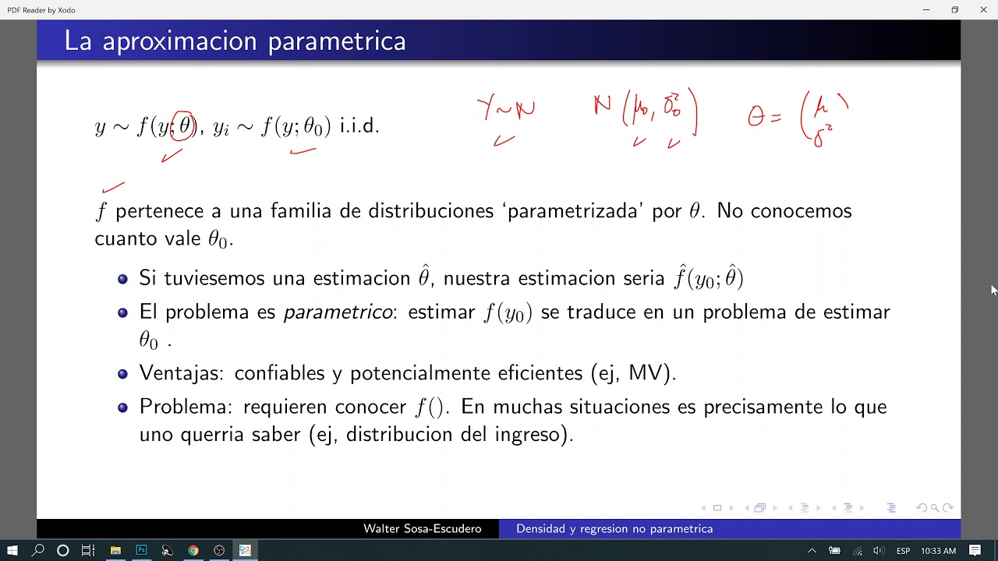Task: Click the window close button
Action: pyautogui.click(x=983, y=9)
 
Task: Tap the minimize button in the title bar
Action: pyautogui.click(x=926, y=9)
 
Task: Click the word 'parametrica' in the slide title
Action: pyautogui.click(x=337, y=41)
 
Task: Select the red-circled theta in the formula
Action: pyautogui.click(x=184, y=125)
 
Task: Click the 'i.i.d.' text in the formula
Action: pyautogui.click(x=359, y=125)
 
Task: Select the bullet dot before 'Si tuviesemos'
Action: pyautogui.click(x=122, y=279)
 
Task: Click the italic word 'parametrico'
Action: pyautogui.click(x=338, y=312)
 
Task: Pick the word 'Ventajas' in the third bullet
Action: pyautogui.click(x=180, y=373)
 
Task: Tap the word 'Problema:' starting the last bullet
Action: pyautogui.click(x=186, y=407)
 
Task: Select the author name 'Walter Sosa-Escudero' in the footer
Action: pyautogui.click(x=422, y=529)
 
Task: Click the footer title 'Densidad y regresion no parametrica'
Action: pyautogui.click(x=614, y=529)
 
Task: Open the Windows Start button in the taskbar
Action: pyautogui.click(x=12, y=551)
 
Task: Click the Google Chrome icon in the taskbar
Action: pyautogui.click(x=193, y=551)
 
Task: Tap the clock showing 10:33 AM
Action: pyautogui.click(x=938, y=551)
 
